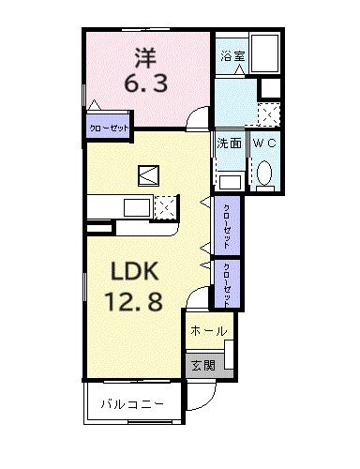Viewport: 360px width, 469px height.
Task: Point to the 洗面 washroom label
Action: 230,144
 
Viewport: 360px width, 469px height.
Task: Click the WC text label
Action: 264,144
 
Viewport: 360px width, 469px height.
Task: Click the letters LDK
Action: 140,272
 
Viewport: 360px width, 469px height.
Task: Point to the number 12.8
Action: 140,302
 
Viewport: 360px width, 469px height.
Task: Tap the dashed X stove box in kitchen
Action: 165,207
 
